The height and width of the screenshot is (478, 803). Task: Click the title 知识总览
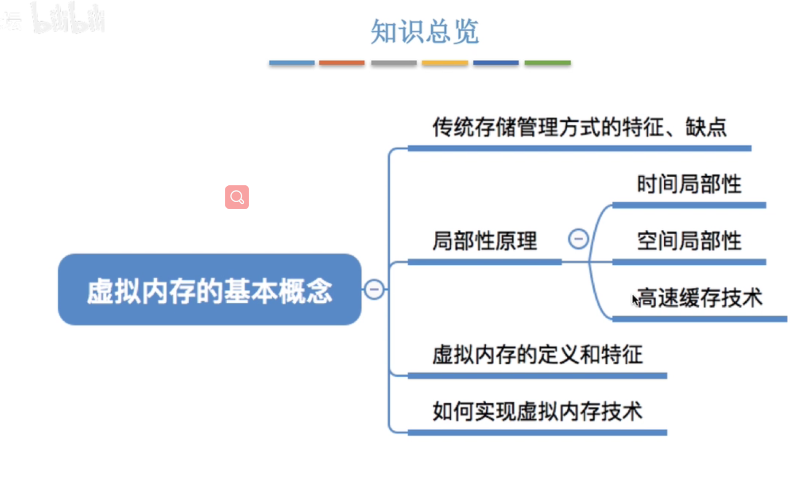coord(424,32)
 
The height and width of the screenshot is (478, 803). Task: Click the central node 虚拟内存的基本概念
coord(210,290)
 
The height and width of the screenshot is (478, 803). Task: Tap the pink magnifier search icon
coord(237,197)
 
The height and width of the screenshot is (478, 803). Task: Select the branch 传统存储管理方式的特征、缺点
coord(579,128)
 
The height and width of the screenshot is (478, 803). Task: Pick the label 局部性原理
coord(485,241)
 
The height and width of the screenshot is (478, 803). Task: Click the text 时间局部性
coord(689,184)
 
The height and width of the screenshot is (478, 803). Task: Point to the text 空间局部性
coord(689,241)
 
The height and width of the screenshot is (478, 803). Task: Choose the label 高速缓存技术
coord(700,298)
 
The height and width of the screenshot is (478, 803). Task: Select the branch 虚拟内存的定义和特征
coord(537,355)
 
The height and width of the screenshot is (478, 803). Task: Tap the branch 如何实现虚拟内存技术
coord(537,411)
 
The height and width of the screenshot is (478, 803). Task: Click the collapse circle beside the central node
coord(374,290)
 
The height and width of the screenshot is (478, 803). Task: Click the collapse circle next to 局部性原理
coord(578,239)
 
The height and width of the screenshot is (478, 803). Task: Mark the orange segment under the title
coord(342,63)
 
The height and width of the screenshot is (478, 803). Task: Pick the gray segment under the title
coord(394,63)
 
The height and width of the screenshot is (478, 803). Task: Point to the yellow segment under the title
coord(445,63)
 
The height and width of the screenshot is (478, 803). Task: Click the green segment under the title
coord(548,63)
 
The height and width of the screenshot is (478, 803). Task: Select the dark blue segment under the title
coord(496,63)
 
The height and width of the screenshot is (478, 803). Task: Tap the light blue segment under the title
coord(291,63)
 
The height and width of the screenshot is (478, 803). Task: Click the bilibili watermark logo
coord(68,19)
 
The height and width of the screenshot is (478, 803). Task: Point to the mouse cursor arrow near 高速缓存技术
coord(635,300)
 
